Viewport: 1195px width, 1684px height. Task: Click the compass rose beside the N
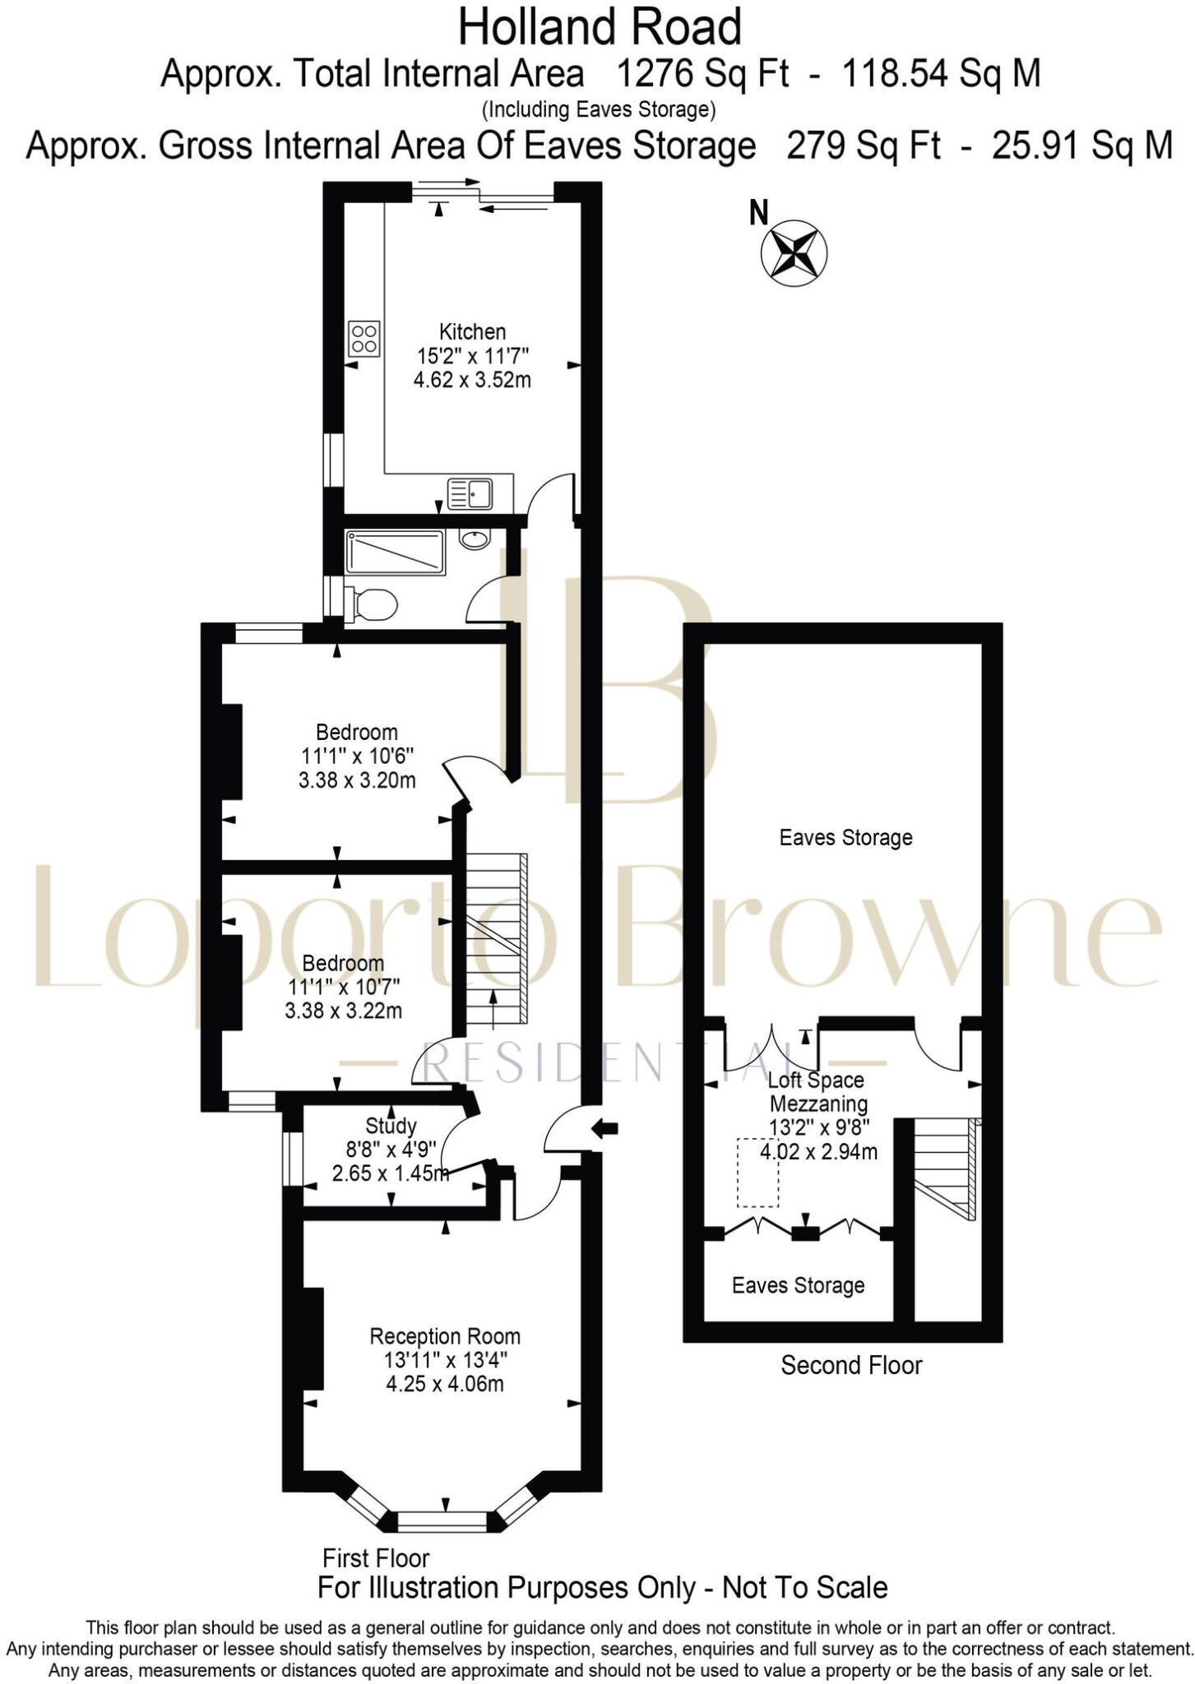click(x=794, y=252)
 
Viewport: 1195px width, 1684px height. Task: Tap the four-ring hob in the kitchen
click(x=364, y=338)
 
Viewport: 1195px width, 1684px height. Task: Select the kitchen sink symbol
click(x=470, y=493)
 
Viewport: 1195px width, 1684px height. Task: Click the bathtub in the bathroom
click(x=396, y=553)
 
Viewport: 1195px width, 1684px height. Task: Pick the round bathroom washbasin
click(x=474, y=539)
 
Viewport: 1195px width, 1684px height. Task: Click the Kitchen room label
click(x=472, y=332)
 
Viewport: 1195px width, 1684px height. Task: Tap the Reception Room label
click(x=445, y=1336)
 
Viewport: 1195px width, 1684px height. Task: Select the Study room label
click(x=391, y=1126)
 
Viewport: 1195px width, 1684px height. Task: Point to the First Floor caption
click(x=376, y=1557)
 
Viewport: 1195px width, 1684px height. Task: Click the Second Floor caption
click(x=851, y=1365)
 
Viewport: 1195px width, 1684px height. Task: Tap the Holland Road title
click(x=600, y=27)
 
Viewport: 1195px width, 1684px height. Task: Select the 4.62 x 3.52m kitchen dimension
click(x=472, y=380)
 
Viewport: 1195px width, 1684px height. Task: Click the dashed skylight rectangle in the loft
click(x=757, y=1173)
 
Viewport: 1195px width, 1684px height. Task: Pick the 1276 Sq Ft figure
click(x=702, y=74)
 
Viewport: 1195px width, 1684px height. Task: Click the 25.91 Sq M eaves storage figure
click(x=1082, y=146)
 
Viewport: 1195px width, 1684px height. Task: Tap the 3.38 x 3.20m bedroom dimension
click(x=357, y=780)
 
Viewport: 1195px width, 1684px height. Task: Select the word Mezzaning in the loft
click(x=818, y=1103)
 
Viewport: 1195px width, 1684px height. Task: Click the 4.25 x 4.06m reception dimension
click(x=445, y=1383)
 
